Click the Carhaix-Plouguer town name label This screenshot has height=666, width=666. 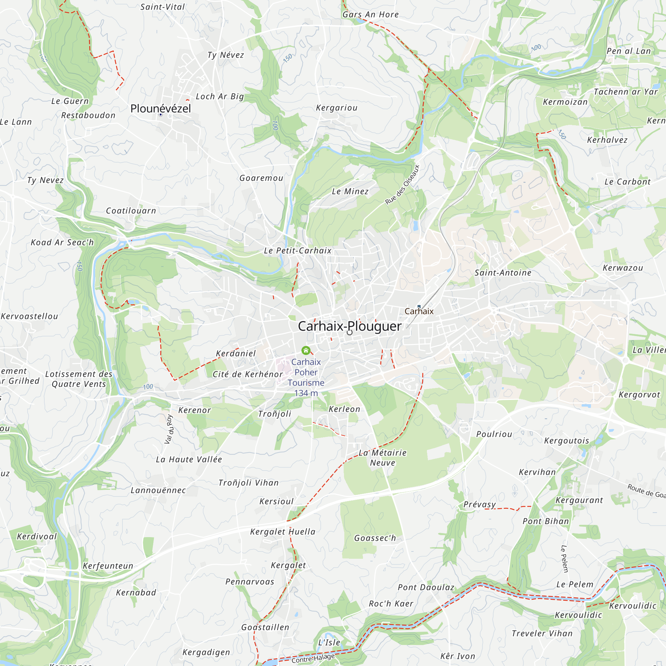pyautogui.click(x=349, y=326)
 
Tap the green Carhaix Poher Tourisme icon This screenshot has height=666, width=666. pyautogui.click(x=306, y=351)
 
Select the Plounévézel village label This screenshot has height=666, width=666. pyautogui.click(x=160, y=109)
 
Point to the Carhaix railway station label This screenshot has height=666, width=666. pyautogui.click(x=419, y=311)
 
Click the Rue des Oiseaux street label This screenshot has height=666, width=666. pyautogui.click(x=402, y=184)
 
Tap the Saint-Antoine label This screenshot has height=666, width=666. pyautogui.click(x=502, y=273)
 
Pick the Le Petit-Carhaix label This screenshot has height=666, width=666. pyautogui.click(x=297, y=251)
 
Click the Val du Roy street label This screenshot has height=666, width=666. pyautogui.click(x=168, y=429)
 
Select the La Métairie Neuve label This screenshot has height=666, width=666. pyautogui.click(x=383, y=458)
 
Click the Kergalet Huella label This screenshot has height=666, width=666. pyautogui.click(x=283, y=531)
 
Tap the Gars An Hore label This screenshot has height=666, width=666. pyautogui.click(x=370, y=14)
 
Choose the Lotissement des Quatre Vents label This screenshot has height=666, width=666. pyautogui.click(x=79, y=379)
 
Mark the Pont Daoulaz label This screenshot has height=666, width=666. pyautogui.click(x=426, y=587)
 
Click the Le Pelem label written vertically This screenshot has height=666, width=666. pyautogui.click(x=564, y=558)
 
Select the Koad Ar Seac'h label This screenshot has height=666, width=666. pyautogui.click(x=62, y=242)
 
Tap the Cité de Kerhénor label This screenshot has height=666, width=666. pyautogui.click(x=247, y=374)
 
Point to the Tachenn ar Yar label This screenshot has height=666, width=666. pyautogui.click(x=625, y=92)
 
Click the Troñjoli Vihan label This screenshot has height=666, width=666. pyautogui.click(x=248, y=483)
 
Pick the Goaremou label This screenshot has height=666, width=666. pyautogui.click(x=261, y=178)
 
